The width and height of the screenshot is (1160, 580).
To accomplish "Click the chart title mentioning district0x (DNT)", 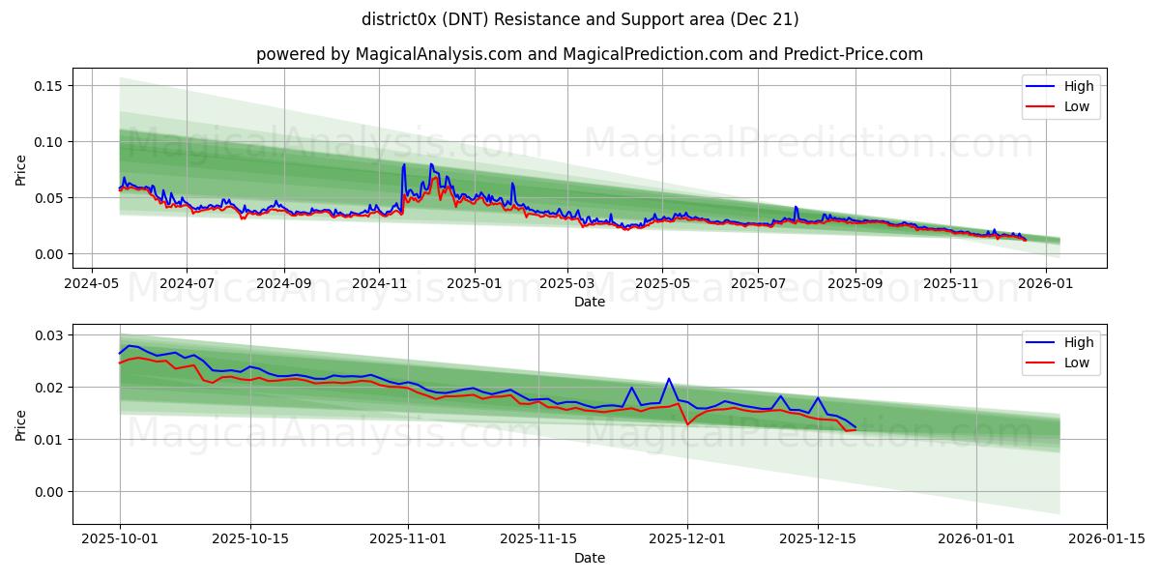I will [x=580, y=19].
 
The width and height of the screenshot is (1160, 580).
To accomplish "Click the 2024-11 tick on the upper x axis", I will [x=378, y=284].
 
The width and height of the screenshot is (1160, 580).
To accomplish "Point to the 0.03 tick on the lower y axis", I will [x=48, y=335].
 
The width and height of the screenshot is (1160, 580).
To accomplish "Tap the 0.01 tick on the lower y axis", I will [x=48, y=440].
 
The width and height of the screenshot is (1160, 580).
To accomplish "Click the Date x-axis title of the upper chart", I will [x=590, y=302].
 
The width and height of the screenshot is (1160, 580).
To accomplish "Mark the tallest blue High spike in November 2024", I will [x=404, y=165].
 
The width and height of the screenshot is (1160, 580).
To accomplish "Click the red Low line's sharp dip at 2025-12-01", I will [x=687, y=424].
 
